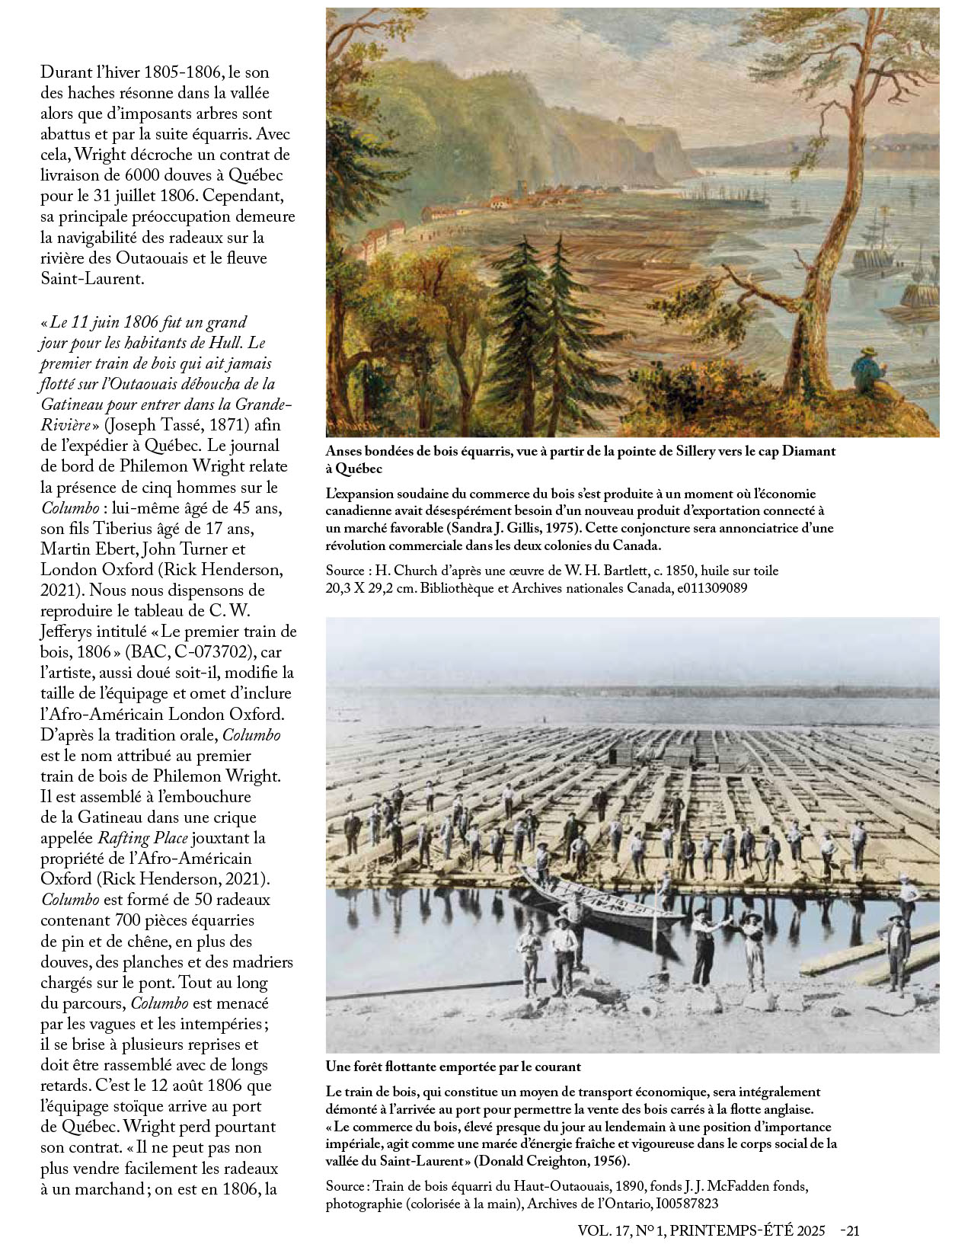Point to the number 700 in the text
point(129,920)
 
